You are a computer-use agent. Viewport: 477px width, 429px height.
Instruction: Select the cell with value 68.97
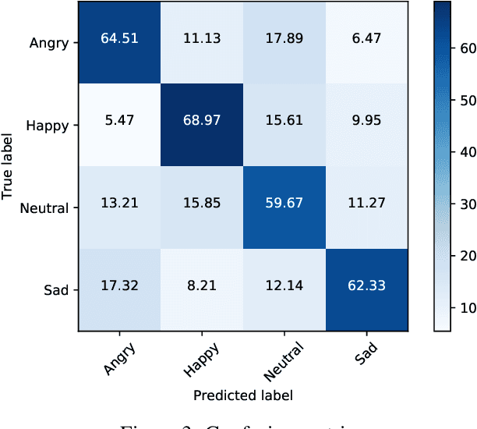pyautogui.click(x=203, y=125)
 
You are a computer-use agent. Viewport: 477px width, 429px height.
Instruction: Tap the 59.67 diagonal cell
pyautogui.click(x=286, y=207)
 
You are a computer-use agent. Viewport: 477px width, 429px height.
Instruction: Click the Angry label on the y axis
pyautogui.click(x=51, y=42)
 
